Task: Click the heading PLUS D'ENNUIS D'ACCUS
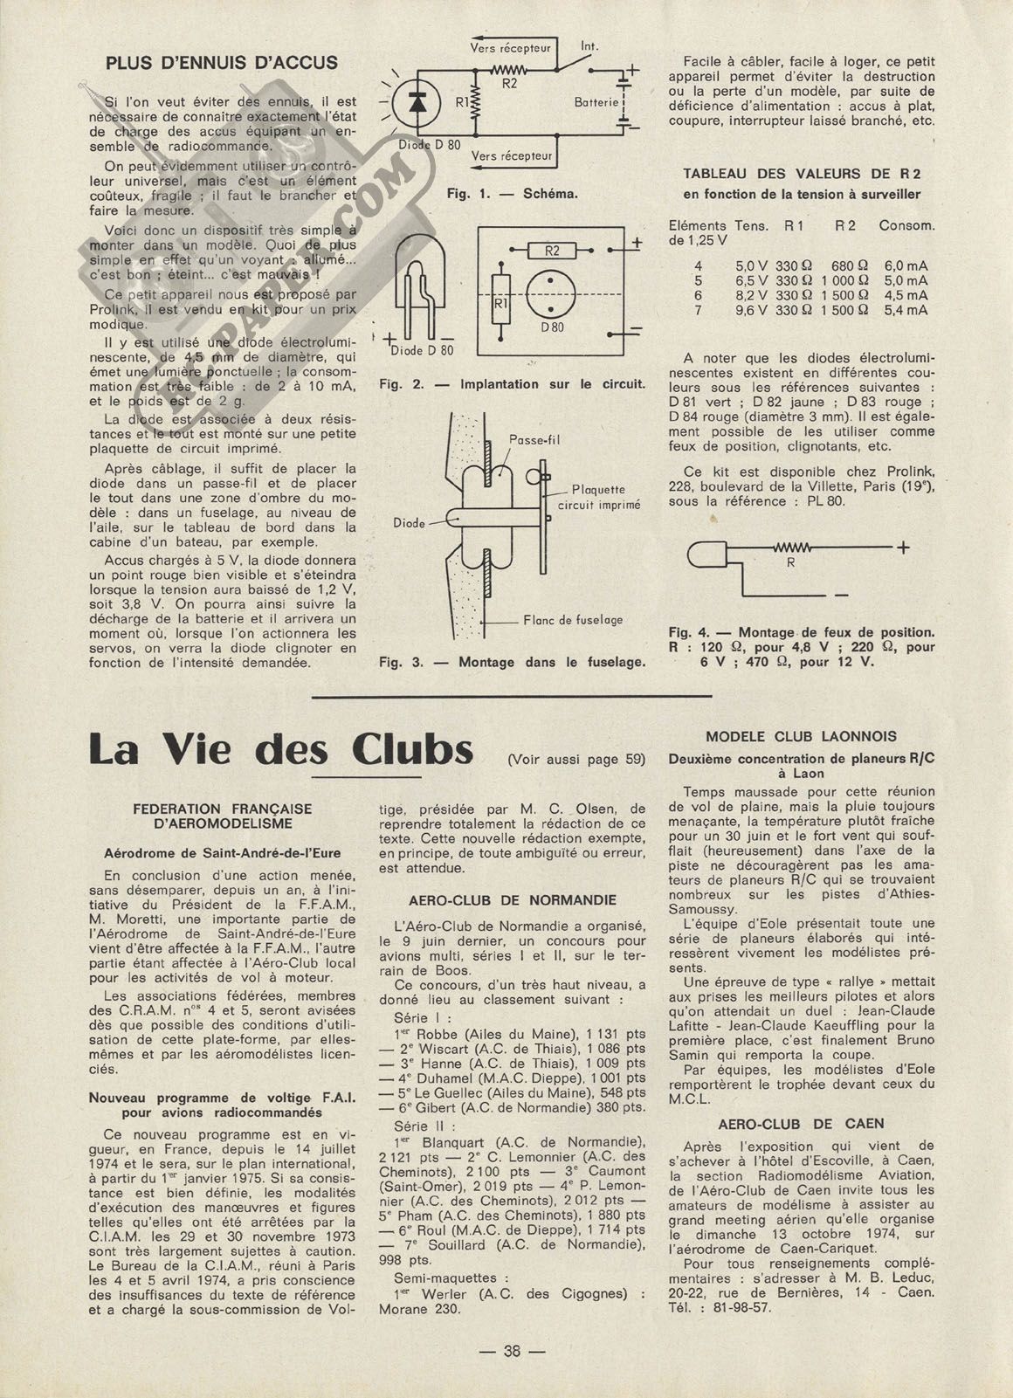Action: tap(221, 63)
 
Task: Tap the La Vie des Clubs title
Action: tap(281, 750)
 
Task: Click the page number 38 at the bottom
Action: tap(512, 1350)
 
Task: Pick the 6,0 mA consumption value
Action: tap(906, 265)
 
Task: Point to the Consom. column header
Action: tap(906, 225)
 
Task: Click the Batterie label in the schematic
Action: tap(596, 102)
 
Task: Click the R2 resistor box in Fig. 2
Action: tap(552, 251)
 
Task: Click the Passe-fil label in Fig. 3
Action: tap(534, 440)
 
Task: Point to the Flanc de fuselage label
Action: tap(573, 620)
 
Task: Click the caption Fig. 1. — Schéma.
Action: tap(512, 194)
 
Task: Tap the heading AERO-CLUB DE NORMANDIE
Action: tap(512, 900)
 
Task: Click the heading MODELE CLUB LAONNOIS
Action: tap(801, 737)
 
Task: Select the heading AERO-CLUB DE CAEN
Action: tap(801, 1124)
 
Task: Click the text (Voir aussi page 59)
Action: tap(576, 760)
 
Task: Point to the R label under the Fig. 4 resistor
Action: tap(791, 563)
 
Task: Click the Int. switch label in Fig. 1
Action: tap(589, 46)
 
